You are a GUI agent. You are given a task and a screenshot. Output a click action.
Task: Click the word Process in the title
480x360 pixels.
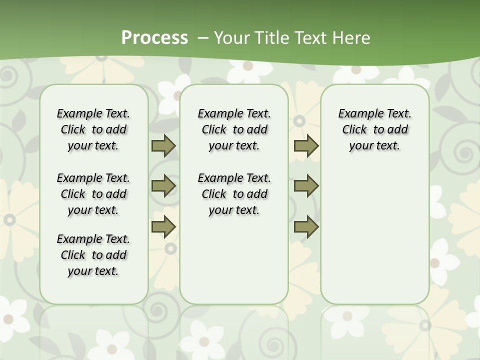[x=154, y=38]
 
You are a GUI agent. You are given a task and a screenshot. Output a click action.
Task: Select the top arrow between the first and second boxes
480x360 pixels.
[x=163, y=145]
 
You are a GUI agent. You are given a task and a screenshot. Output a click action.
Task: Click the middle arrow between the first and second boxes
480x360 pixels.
[x=163, y=186]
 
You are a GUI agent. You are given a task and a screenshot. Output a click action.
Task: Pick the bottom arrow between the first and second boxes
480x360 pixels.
[x=163, y=226]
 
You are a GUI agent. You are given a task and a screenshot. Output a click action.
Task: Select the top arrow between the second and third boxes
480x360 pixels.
[x=306, y=145]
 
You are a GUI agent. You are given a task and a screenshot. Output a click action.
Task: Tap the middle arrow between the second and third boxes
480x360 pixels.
[x=306, y=186]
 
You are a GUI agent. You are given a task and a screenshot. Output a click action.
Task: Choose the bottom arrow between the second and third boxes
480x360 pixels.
[x=306, y=226]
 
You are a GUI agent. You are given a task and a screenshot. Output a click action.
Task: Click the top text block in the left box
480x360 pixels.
[x=93, y=129]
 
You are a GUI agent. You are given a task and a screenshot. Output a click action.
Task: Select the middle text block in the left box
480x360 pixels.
[x=93, y=194]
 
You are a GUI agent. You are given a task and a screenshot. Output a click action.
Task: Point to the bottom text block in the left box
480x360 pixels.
[x=93, y=255]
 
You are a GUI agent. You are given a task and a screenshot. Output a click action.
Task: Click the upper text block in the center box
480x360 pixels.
[x=234, y=129]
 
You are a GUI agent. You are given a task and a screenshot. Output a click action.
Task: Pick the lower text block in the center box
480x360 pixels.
[x=234, y=194]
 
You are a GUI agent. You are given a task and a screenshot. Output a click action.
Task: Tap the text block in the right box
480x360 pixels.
[x=375, y=129]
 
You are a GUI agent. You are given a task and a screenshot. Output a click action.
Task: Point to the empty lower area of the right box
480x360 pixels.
[x=375, y=235]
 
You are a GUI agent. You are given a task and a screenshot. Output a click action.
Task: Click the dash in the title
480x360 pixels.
[x=203, y=38]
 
